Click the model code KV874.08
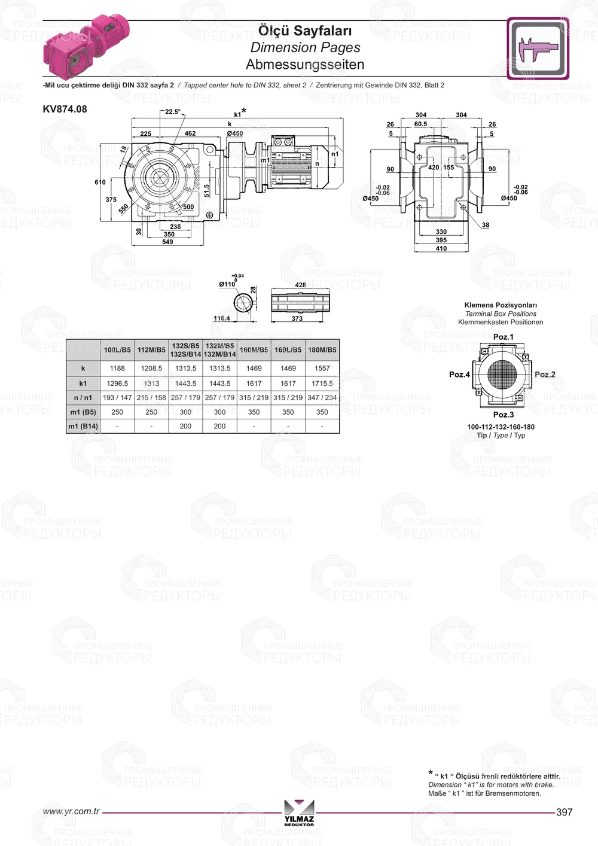[65, 109]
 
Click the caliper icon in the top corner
[538, 48]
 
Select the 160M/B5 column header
[254, 350]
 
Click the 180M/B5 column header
[322, 350]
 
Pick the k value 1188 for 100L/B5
[117, 369]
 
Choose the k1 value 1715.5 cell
[322, 384]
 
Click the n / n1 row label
[83, 398]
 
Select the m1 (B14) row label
[83, 427]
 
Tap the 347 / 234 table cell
[322, 398]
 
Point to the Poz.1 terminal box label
[503, 337]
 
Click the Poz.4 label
[459, 375]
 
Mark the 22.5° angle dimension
[173, 112]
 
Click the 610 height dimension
[100, 182]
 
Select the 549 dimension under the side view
[167, 242]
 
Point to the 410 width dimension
[441, 248]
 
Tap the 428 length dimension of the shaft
[300, 285]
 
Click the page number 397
[564, 812]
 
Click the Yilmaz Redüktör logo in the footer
[299, 812]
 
